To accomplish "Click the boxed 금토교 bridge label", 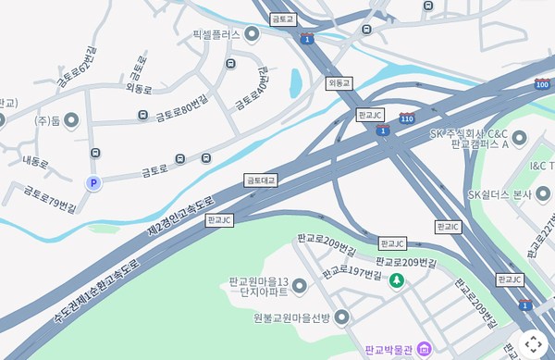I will pos(283,19).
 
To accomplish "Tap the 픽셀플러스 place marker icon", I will pos(253,34).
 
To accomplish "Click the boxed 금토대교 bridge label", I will pos(261,180).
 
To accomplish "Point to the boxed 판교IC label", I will pos(448,227).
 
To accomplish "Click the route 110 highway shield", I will pos(407,118).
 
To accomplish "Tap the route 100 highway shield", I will pos(542,84).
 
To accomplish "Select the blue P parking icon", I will pos(92,183).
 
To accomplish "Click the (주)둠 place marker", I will pos(71,120).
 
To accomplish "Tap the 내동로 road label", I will pos(35,163).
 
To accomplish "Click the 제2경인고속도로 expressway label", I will pos(181,217).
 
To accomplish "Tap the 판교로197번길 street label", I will pos(351,274).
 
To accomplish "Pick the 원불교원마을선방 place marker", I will pos(342,317).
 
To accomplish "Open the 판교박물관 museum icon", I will pos(424,349).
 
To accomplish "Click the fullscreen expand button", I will pos(533,343).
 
